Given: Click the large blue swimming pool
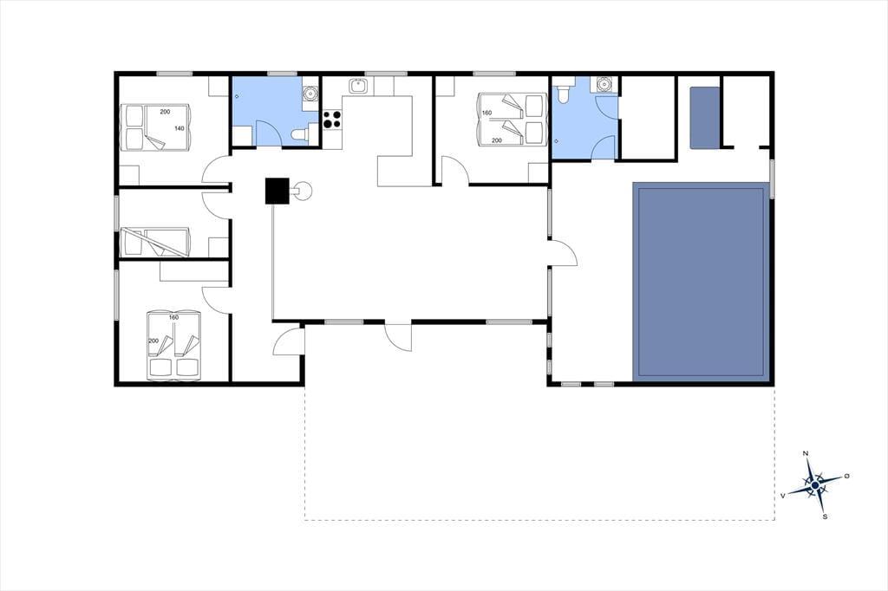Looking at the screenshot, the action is click(x=701, y=281).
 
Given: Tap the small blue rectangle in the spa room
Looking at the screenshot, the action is click(x=704, y=118).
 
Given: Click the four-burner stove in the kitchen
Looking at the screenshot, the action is click(x=332, y=119).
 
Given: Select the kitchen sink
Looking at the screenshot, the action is click(x=358, y=86).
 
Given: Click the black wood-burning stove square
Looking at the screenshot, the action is click(x=277, y=191).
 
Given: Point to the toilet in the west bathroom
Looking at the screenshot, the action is click(x=299, y=134).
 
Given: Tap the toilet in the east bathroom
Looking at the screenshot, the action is click(x=564, y=94).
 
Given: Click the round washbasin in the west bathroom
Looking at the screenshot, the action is click(x=310, y=92).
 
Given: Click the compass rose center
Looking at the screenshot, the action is click(x=814, y=485).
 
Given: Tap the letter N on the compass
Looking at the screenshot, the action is click(x=806, y=453).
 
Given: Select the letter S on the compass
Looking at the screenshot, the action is click(x=826, y=516).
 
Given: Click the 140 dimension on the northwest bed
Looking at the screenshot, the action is click(x=179, y=128).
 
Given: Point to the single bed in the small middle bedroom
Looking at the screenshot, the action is click(x=156, y=242).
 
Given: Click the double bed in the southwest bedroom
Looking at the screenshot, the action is click(x=173, y=344).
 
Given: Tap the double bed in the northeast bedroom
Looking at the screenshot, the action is click(x=513, y=120).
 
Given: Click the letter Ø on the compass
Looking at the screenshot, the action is click(x=846, y=476).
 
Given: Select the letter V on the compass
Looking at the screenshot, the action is click(x=783, y=496).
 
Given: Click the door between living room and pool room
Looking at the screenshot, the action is click(x=564, y=252).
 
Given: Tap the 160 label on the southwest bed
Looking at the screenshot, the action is click(x=173, y=317).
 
